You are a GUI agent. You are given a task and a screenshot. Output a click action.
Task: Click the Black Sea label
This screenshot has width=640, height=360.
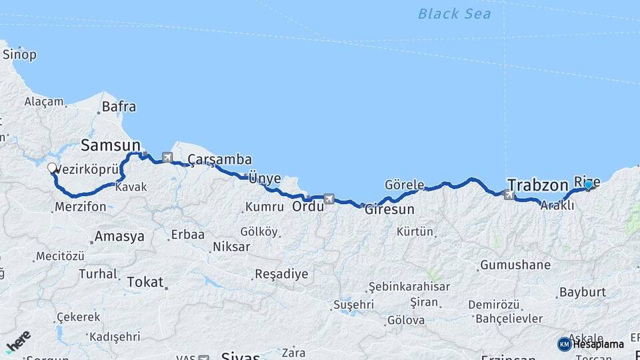coord(454,13)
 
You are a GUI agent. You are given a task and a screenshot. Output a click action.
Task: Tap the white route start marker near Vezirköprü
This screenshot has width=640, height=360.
coord(52,168)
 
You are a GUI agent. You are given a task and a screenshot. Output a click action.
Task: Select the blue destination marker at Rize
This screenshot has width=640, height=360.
coord(589,184)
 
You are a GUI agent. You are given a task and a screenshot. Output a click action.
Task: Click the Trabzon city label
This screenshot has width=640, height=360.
coord(537,184)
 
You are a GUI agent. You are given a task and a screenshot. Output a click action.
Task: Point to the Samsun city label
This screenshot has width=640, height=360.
coord(111,145)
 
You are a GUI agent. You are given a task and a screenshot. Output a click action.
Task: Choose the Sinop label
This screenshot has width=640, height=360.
coord(19,55)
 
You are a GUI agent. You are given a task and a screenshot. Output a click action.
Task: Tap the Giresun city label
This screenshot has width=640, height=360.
coord(390,209)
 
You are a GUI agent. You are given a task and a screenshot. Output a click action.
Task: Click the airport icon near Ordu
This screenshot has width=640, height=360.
coord(328,199)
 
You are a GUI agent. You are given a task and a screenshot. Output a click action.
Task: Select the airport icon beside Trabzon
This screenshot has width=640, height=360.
coord(510,195)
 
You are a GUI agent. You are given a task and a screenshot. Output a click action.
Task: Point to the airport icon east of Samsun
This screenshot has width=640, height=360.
coord(157,158)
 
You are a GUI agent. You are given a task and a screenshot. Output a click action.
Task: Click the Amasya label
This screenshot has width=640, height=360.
coord(119,236)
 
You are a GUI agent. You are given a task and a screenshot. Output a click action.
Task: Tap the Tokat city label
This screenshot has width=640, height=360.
coord(145,282)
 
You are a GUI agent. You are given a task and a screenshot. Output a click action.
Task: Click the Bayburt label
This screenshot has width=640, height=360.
coord(583,292)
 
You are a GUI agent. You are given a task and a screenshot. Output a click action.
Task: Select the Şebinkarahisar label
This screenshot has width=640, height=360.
coord(409,287)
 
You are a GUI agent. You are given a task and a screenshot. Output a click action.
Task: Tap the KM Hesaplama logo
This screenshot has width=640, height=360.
coord(591,344)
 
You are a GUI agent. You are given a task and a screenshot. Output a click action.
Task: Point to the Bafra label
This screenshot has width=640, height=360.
coord(119,106)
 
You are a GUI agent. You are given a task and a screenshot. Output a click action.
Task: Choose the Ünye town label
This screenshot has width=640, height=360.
coord(261,178)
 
